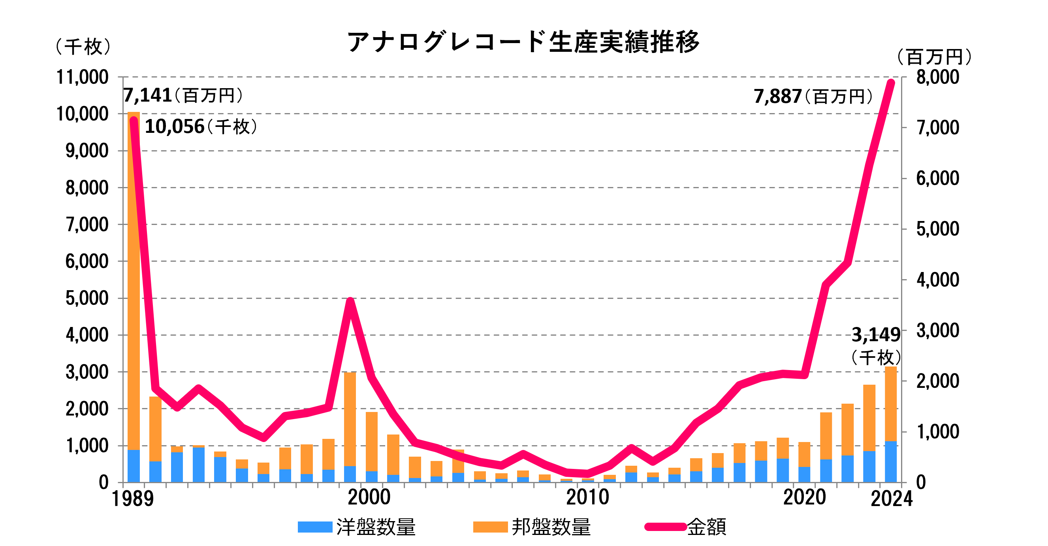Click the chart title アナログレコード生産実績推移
click(523, 42)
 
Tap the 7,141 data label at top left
click(147, 95)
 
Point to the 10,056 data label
click(175, 127)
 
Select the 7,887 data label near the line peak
click(777, 97)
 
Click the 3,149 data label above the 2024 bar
click(875, 335)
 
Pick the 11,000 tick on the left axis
click(83, 77)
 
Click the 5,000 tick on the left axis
click(87, 299)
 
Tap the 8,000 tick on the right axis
click(937, 77)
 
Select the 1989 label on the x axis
click(133, 499)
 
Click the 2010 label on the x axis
click(587, 497)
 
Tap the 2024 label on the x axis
click(891, 499)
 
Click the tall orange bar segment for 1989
click(134, 281)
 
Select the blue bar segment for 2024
click(890, 462)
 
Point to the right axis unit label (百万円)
click(934, 57)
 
